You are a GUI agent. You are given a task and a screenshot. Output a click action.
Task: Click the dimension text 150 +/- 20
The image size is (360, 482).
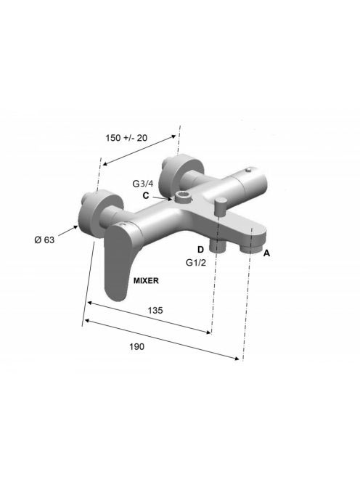126,138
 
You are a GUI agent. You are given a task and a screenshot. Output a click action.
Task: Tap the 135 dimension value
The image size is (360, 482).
155,311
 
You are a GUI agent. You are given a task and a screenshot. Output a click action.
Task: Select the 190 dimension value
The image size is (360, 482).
136,346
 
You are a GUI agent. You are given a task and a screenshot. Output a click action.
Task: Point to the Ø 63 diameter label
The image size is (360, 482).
44,240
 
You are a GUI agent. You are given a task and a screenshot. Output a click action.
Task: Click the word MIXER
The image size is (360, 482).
146,280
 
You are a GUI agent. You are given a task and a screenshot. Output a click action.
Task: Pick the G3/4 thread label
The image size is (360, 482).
143,184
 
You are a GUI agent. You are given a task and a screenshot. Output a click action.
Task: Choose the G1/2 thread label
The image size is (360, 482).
196,263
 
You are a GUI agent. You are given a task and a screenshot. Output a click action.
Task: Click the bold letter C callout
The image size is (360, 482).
146,195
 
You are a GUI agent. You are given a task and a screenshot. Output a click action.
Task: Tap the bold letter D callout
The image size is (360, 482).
200,250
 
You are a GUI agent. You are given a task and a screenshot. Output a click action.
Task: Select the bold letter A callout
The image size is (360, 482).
266,253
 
